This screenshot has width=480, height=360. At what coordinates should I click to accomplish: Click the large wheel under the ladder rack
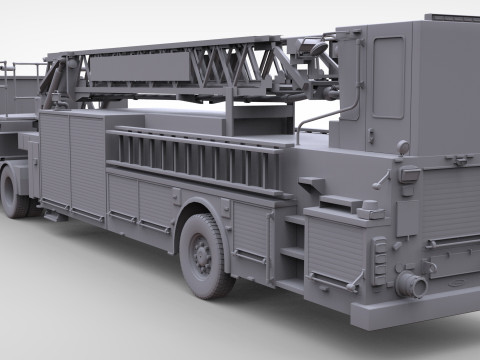point(205,256)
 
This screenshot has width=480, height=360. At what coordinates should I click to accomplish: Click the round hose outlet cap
point(410,285)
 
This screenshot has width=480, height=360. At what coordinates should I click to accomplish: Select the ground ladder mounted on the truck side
point(195,157)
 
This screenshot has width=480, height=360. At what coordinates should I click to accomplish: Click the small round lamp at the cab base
point(403,148)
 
